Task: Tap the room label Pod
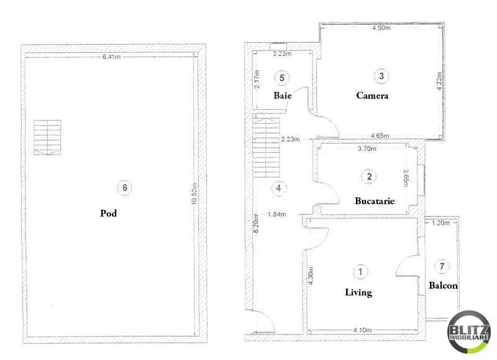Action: pos(109,213)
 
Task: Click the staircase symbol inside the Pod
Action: pos(48,137)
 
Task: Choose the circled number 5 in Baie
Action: pos(282,78)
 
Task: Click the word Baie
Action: pos(283,96)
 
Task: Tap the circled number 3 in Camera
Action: pos(381,76)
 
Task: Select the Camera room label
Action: pos(372,96)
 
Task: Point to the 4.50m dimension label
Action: pos(381,29)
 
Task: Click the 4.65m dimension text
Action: pos(380,135)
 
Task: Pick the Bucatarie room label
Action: pos(375,201)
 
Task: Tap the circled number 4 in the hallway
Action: pos(279,187)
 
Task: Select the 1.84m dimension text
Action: pos(276,214)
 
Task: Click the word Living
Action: pos(358,292)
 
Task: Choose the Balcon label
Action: pos(443,286)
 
